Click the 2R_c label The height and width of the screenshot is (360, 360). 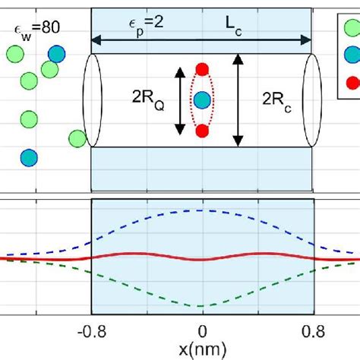point(278,99)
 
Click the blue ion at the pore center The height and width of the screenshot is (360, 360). point(201,99)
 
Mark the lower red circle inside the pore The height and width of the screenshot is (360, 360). point(201,131)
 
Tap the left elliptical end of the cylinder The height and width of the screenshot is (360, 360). point(92,99)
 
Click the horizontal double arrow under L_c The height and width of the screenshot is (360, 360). point(201,37)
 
